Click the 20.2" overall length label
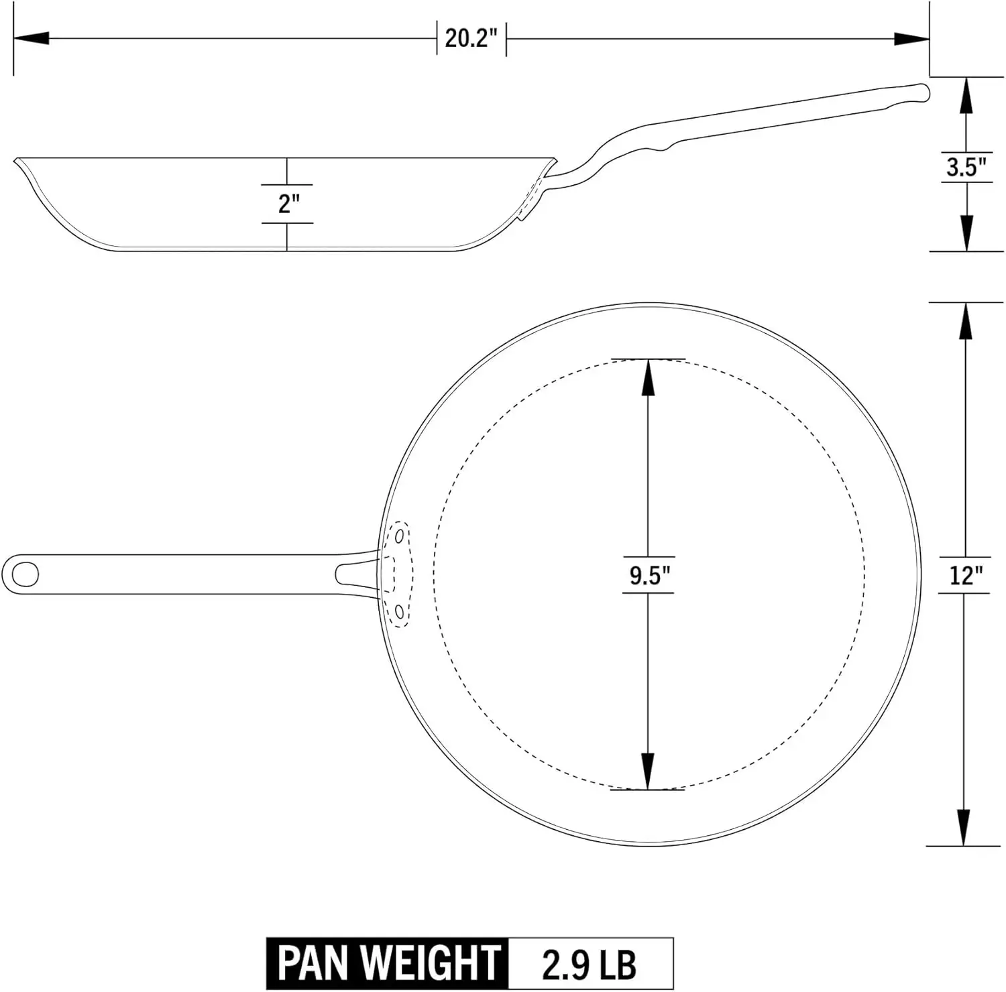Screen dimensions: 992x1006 point(471,38)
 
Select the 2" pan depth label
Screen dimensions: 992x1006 point(288,203)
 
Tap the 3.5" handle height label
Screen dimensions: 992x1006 point(966,167)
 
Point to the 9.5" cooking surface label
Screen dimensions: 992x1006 point(648,575)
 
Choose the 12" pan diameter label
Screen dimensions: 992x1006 point(965,575)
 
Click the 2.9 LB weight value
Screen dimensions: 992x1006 point(589,963)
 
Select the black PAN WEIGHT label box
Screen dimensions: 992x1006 point(388,963)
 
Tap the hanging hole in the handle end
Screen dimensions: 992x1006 point(25,574)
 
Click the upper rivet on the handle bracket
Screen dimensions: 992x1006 point(400,536)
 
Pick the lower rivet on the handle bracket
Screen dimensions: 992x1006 point(400,611)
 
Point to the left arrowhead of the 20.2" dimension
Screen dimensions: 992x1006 point(31,38)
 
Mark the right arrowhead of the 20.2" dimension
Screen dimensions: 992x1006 point(912,38)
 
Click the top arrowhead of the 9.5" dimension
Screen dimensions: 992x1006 point(648,377)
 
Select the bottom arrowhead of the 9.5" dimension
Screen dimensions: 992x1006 point(648,772)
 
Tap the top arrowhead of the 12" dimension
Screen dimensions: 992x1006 point(964,320)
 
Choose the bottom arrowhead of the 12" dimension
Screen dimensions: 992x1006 point(964,828)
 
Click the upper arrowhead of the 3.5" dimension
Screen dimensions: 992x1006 point(966,96)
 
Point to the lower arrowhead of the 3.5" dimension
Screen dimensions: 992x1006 point(966,233)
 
